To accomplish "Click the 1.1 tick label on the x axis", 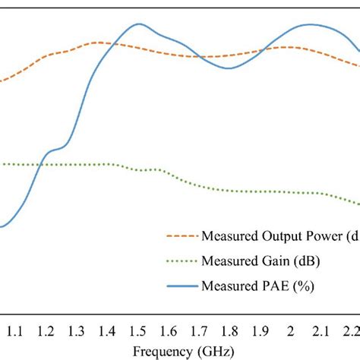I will (x=14, y=331).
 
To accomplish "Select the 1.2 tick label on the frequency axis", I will (x=46, y=331).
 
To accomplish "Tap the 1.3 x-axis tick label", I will (x=76, y=331).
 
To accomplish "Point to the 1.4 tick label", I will (x=106, y=331).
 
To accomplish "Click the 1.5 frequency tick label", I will (x=137, y=331).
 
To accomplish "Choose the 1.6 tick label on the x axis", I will (x=168, y=331).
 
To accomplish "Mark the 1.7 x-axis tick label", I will (x=198, y=331).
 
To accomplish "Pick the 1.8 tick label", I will (x=229, y=331).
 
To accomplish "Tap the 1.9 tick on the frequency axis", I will (x=260, y=331).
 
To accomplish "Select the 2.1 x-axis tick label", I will (x=321, y=331).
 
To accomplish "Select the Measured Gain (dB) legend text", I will (x=261, y=261).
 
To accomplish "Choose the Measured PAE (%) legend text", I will (x=257, y=286).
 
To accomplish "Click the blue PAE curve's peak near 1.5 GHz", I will (x=137, y=24).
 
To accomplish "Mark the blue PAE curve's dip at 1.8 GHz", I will (x=230, y=69).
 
